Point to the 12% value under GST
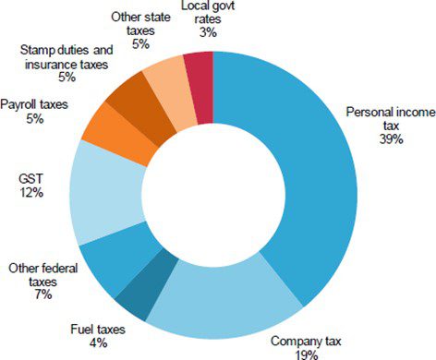pyautogui.click(x=32, y=194)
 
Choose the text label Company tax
pyautogui.click(x=305, y=340)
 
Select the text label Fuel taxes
pyautogui.click(x=98, y=329)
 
